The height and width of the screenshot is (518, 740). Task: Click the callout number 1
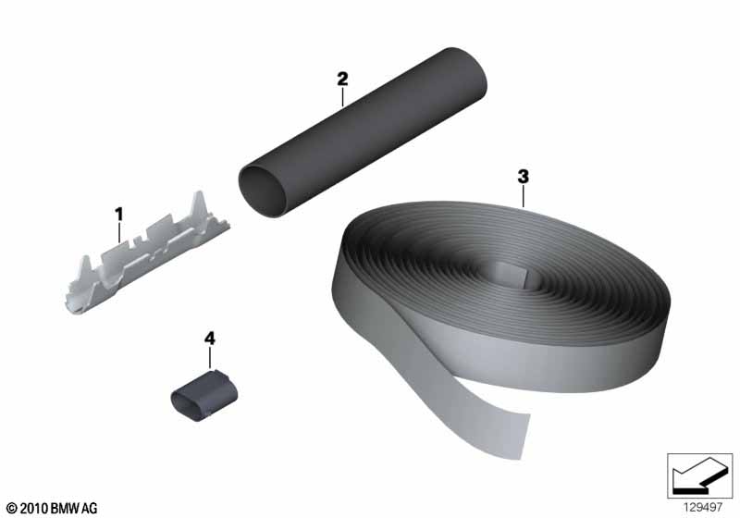click(119, 215)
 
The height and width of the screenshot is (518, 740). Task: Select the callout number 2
click(342, 79)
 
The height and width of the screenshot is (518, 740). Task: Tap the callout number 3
click(523, 177)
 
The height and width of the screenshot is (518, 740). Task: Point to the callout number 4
click(210, 339)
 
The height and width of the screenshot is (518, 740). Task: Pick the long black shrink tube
click(363, 132)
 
